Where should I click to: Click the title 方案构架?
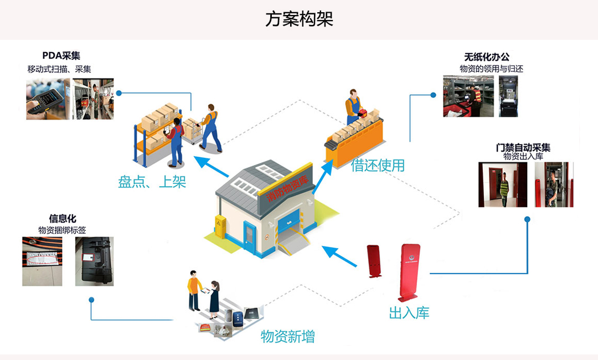coord(299,19)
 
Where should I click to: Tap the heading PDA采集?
coord(61,56)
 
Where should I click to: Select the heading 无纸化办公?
coord(487,57)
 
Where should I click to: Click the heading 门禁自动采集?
coord(523,148)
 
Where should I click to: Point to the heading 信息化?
coord(62,218)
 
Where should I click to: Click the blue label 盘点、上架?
coord(152,182)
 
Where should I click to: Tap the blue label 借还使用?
coord(378,165)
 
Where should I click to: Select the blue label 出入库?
coord(409,313)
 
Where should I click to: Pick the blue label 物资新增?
coord(288,336)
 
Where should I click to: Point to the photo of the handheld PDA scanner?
coord(48,99)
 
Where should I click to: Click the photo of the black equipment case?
coord(94,261)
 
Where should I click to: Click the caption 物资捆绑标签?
coord(62,230)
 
